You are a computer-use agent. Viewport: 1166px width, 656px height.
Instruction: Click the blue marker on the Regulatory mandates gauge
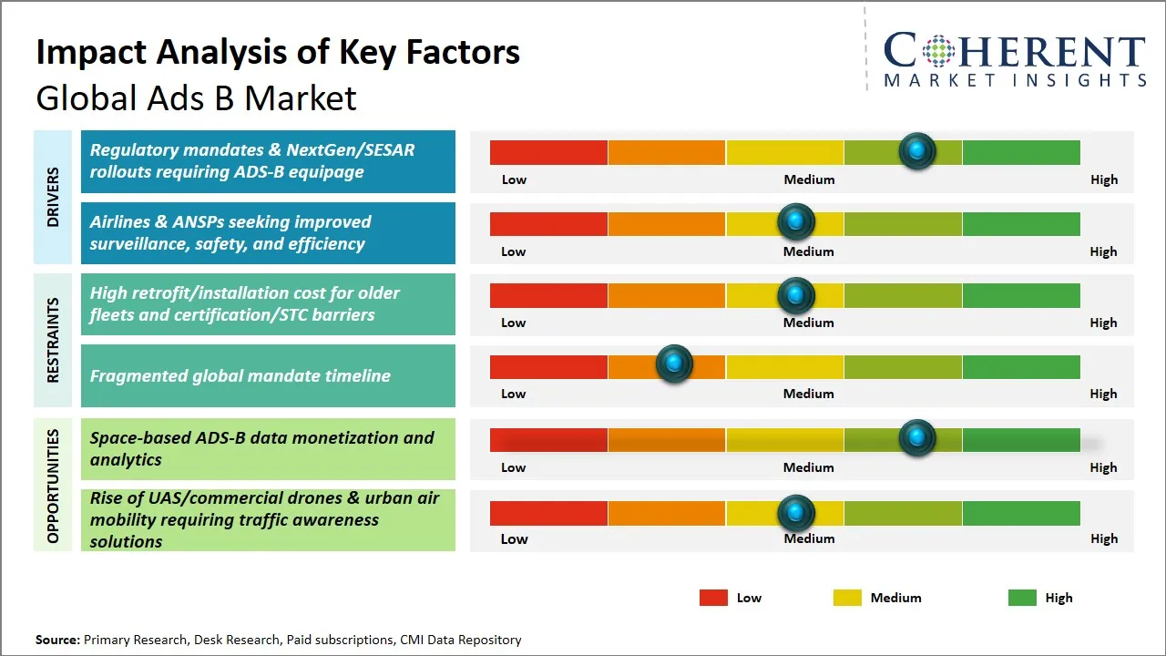[917, 150]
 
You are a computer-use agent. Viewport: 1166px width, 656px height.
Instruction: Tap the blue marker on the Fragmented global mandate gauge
[674, 364]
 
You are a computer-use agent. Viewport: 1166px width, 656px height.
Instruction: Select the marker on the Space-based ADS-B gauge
[917, 438]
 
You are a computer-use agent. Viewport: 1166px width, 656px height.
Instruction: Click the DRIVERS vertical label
[53, 197]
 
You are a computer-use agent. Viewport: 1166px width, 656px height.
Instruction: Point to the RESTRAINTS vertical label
[53, 340]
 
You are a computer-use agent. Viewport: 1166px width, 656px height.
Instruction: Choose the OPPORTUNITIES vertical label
[53, 486]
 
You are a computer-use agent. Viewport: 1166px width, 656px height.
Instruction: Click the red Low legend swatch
[713, 598]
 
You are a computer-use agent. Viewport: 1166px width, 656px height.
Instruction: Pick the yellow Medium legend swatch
[847, 598]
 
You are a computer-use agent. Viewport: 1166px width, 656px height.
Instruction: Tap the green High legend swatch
[1022, 598]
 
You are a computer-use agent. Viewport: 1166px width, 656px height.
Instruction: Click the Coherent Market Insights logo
[1015, 59]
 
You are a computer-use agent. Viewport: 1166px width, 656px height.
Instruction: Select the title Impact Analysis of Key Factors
[278, 52]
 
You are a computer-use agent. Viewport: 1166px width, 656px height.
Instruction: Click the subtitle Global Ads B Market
[196, 97]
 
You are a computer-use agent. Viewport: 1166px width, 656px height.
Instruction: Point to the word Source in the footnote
[56, 640]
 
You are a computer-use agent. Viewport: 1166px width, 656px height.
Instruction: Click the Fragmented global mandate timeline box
[268, 375]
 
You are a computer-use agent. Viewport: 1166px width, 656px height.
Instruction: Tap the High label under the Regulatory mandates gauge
[1103, 179]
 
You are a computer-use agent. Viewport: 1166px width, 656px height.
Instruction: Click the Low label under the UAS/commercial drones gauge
[514, 538]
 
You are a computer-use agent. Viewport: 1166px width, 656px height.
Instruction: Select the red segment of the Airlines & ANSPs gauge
[548, 223]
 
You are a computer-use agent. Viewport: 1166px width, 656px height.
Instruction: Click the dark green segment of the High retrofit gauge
[1020, 295]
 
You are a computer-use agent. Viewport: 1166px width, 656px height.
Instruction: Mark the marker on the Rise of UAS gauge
[796, 513]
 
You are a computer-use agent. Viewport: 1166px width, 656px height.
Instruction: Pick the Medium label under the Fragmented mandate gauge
[808, 394]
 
